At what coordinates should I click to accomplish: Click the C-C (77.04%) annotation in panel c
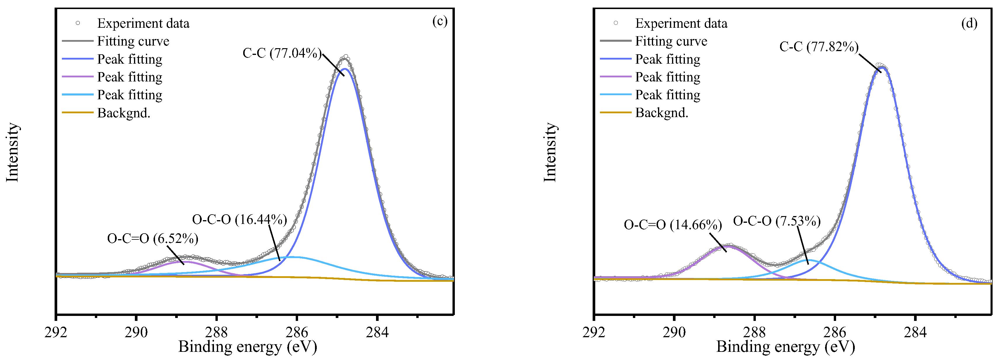282,53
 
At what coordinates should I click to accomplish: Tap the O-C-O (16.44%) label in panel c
239,220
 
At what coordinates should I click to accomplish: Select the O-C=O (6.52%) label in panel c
152,238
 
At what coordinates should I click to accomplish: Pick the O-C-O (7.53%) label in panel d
776,221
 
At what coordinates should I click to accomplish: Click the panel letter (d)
969,23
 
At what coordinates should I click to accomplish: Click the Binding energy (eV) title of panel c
248,346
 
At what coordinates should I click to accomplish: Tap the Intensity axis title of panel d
550,152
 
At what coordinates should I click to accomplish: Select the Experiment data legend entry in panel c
143,23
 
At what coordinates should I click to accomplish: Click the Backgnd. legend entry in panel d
662,113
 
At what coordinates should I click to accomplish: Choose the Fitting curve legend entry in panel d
671,41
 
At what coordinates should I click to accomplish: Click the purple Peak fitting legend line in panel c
78,77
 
